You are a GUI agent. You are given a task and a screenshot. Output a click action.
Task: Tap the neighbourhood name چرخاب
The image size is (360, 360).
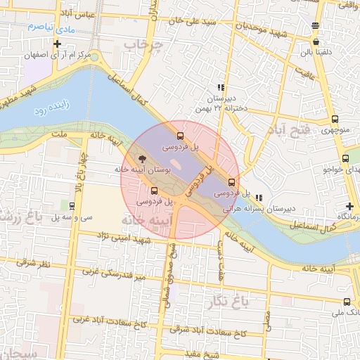tap(162, 46)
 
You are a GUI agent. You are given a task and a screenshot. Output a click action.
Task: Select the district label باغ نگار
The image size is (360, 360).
tap(229, 303)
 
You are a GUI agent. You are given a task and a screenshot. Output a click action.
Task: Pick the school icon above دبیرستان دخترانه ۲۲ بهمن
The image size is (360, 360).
tap(221, 88)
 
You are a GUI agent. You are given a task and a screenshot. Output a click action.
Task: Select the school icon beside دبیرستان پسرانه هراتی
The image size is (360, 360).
tap(259, 198)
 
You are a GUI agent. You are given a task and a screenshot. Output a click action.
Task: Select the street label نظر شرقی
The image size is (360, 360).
tap(35, 263)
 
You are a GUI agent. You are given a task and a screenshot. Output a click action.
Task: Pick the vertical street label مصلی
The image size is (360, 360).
tap(268, 319)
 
